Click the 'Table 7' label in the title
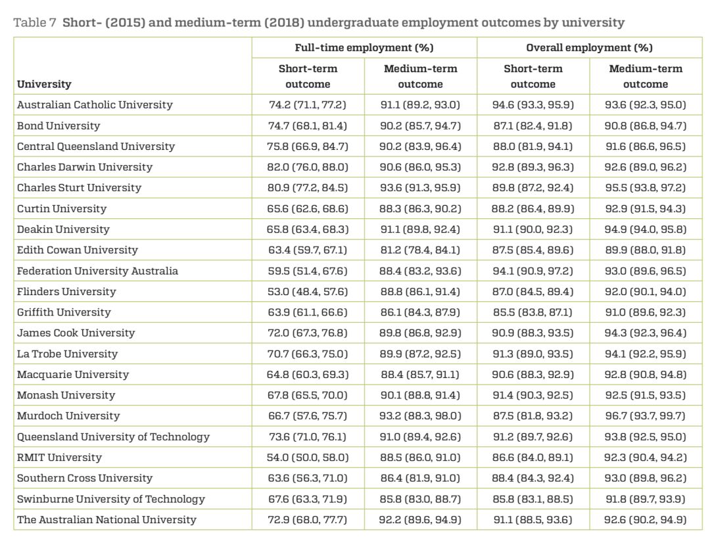34,22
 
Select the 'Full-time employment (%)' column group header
364,47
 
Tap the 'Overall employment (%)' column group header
589,47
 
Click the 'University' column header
44,84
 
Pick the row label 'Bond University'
59,126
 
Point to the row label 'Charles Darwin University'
85,167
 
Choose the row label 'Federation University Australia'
97,271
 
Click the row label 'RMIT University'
59,458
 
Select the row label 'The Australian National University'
106,519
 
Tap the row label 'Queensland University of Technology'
113,437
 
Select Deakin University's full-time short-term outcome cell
308,229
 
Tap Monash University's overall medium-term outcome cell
646,395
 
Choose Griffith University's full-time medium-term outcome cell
419,312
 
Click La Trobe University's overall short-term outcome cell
533,354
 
